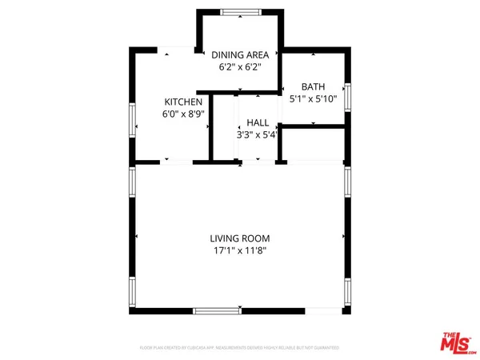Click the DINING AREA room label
[240, 54]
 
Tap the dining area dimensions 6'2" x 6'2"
[240, 67]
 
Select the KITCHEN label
[183, 102]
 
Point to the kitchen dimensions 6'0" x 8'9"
[183, 114]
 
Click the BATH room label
[311, 86]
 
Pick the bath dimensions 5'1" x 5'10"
[311, 99]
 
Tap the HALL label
[258, 122]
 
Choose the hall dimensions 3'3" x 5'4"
[258, 135]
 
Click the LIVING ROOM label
[240, 238]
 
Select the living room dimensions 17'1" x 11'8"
[240, 251]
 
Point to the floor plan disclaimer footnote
[240, 348]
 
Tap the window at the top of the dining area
[235, 12]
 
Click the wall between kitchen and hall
[210, 128]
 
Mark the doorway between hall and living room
[258, 162]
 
